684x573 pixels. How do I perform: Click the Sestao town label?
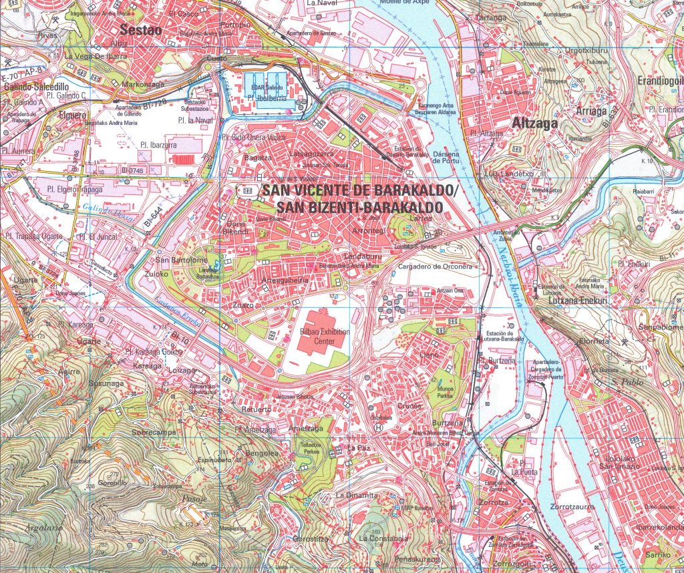coord(136,29)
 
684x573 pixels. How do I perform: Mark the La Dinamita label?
coord(357,495)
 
